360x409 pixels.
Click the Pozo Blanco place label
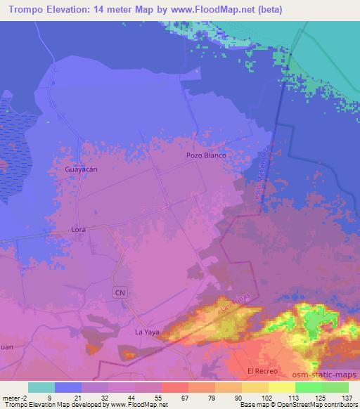(205, 155)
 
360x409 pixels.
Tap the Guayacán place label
(80, 170)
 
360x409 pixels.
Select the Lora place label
(78, 230)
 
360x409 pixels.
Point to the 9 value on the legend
(49, 396)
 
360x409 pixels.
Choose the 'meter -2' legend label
(13, 396)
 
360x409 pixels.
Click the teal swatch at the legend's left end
(41, 387)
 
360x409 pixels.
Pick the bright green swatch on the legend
(309, 387)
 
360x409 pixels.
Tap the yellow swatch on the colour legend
(282, 387)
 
